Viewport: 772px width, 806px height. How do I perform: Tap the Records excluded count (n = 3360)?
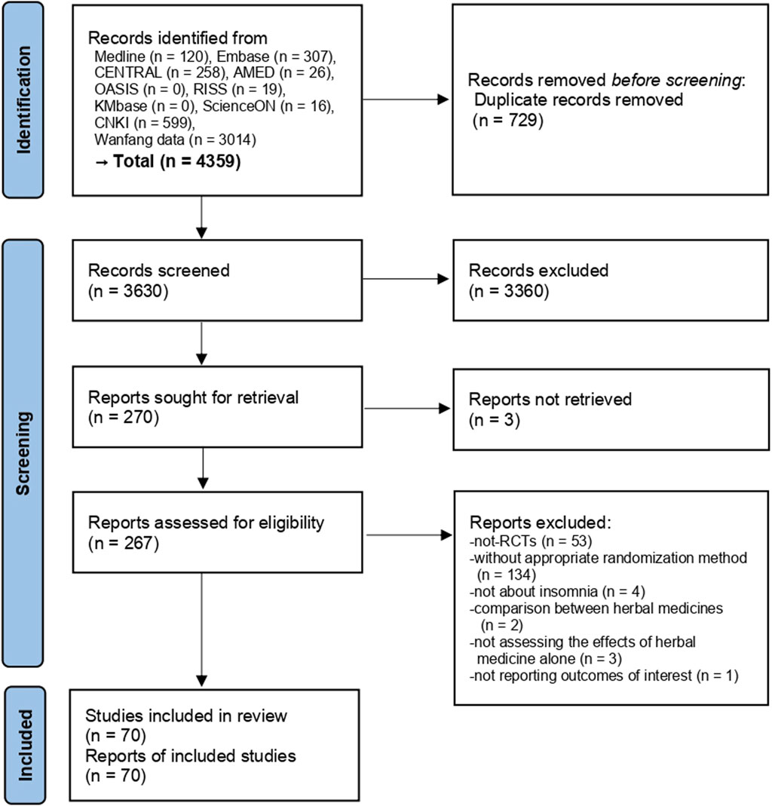501,289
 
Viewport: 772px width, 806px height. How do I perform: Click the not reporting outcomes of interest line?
603,676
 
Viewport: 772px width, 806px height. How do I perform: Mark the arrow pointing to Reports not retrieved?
406,409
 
